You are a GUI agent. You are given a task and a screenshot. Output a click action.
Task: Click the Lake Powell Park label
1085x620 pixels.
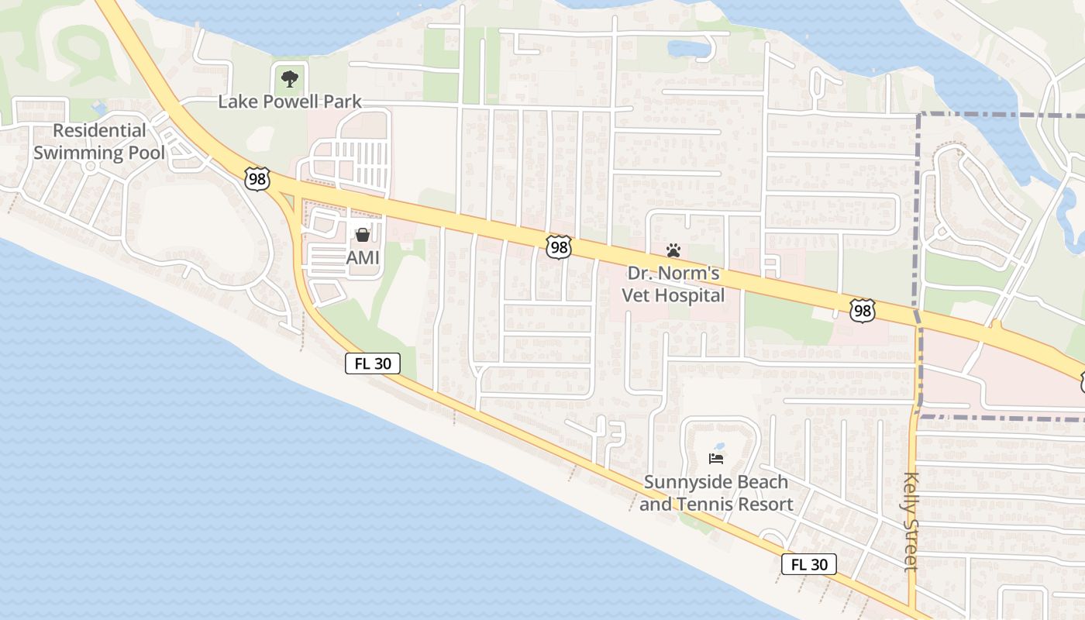point(290,102)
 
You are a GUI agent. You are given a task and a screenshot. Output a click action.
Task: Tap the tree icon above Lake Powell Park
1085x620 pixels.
point(290,77)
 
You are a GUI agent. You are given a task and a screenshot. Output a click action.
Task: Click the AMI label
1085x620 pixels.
point(363,258)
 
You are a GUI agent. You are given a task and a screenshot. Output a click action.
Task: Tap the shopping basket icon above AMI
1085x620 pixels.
point(363,234)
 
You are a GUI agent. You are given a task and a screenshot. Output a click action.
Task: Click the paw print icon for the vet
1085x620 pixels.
point(673,250)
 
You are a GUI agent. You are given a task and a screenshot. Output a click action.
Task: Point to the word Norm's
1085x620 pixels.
point(694,274)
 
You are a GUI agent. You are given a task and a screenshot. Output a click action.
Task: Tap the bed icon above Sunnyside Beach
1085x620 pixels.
point(716,459)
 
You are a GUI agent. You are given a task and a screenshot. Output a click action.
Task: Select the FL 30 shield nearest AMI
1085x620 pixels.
point(373,363)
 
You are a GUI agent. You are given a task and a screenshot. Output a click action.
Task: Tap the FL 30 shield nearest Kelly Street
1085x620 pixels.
point(808,564)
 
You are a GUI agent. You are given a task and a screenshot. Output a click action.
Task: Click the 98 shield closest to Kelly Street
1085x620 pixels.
point(862,311)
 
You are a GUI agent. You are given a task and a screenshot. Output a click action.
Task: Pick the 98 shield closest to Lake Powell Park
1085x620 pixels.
point(256,178)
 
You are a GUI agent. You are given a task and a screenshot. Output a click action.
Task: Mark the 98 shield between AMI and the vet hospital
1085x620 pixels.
point(558,247)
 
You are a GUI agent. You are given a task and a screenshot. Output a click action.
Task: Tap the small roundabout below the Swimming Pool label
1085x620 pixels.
point(91,167)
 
